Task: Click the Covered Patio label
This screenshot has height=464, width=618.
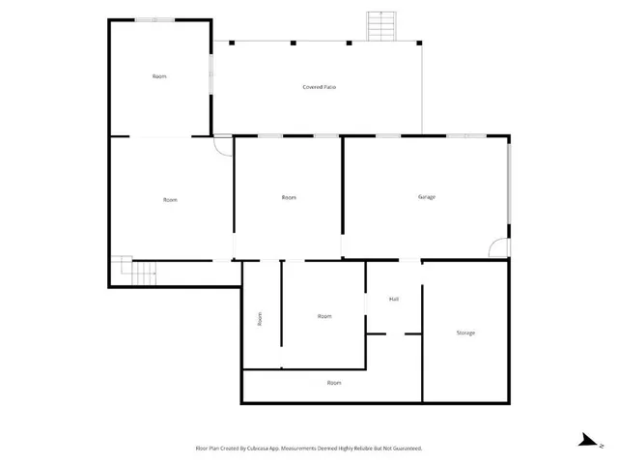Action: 320,87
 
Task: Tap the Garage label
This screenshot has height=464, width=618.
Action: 427,197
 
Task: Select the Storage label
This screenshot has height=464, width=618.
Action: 465,333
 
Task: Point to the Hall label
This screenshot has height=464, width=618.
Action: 394,299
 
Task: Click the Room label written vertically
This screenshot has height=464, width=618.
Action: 260,318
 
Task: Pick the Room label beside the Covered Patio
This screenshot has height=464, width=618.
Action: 160,75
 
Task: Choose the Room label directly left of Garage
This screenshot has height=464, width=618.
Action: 289,197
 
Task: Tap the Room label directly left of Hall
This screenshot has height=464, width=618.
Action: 324,316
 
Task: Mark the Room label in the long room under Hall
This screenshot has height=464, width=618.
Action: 334,383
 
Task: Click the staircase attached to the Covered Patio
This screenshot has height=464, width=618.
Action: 380,26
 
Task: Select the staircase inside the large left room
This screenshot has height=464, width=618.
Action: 136,273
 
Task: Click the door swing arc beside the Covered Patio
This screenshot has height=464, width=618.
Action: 223,146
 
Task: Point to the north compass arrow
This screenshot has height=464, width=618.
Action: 585,439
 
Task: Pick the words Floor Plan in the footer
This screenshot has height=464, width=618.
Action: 210,449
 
